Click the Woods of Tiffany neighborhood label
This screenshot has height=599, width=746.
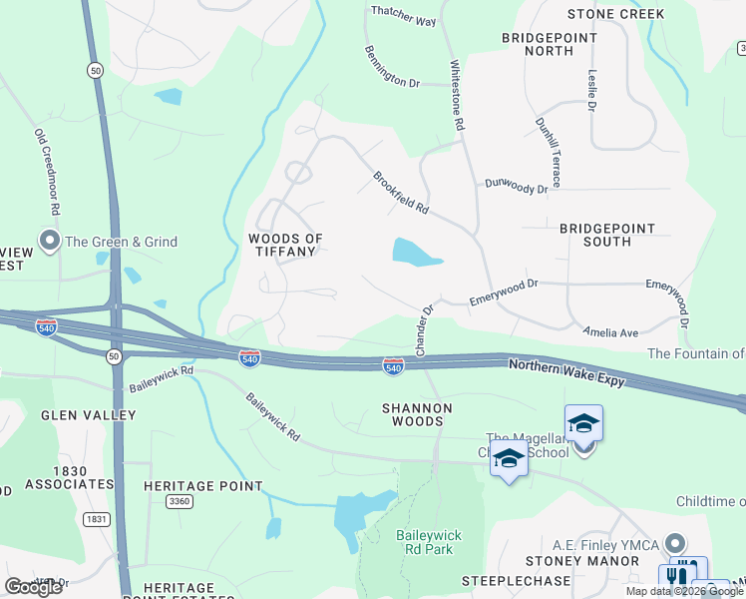(x=285, y=245)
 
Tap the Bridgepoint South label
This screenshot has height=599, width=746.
(x=607, y=235)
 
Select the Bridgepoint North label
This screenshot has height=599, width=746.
(x=549, y=44)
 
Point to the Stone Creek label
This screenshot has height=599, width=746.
(x=615, y=14)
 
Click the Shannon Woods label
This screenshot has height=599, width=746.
(x=418, y=414)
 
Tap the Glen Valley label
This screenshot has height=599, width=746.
(x=88, y=414)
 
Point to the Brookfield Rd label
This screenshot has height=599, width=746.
(x=401, y=194)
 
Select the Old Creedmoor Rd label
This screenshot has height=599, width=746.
(x=48, y=172)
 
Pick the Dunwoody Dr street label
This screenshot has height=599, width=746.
(x=517, y=185)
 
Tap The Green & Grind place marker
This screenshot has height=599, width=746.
(x=49, y=242)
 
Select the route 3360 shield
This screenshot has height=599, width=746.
(x=181, y=501)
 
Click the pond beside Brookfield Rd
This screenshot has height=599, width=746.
(x=415, y=253)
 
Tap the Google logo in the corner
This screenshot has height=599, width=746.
(x=34, y=587)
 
